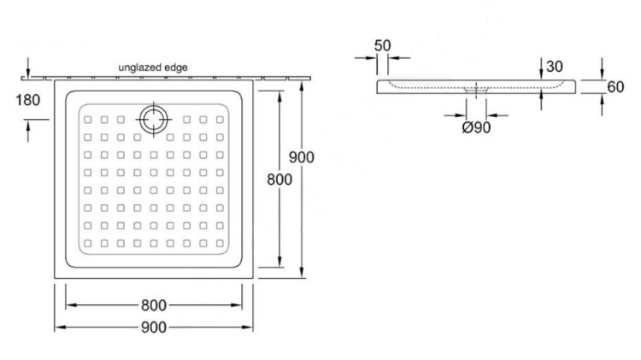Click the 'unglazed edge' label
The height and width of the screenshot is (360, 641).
coord(153,68)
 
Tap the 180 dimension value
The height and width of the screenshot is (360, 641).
coord(28,100)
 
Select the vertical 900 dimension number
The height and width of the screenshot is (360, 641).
coord(302,157)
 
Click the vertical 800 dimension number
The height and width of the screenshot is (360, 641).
coord(279,180)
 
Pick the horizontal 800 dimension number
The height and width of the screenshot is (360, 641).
coord(154,305)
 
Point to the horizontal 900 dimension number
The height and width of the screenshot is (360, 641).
coord(154,328)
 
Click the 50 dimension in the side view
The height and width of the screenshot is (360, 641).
coord(383,45)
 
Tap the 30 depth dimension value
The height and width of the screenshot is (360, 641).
coord(555,67)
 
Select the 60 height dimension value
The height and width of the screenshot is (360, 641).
coord(615,86)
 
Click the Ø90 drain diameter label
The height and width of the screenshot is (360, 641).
coord(476,127)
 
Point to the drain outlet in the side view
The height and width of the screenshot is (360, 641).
coord(476,90)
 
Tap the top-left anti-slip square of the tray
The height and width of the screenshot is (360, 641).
coord(88,120)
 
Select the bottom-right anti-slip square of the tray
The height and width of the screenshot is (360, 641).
coord(220,244)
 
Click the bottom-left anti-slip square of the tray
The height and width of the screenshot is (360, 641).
coord(88,244)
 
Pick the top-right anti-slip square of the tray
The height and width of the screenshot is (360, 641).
coord(220,120)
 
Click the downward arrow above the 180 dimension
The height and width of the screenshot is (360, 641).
coord(28,68)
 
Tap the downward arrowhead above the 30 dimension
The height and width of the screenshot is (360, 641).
coord(541,74)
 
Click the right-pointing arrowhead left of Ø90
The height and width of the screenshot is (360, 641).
coord(462,115)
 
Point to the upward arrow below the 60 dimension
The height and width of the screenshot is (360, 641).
coord(602,104)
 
